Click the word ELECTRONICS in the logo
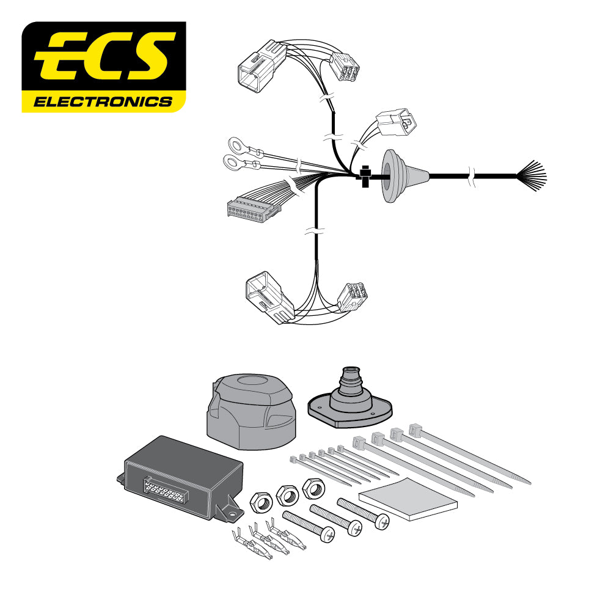(103, 101)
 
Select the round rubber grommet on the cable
(390, 177)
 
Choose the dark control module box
(180, 477)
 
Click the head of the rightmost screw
(382, 521)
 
